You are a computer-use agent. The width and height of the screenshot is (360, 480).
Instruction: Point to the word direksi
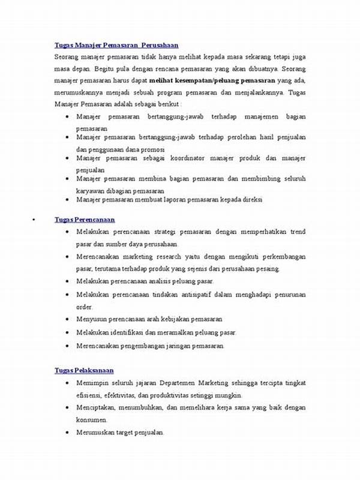[251, 199]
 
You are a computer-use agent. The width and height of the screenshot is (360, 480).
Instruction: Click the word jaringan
[176, 346]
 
